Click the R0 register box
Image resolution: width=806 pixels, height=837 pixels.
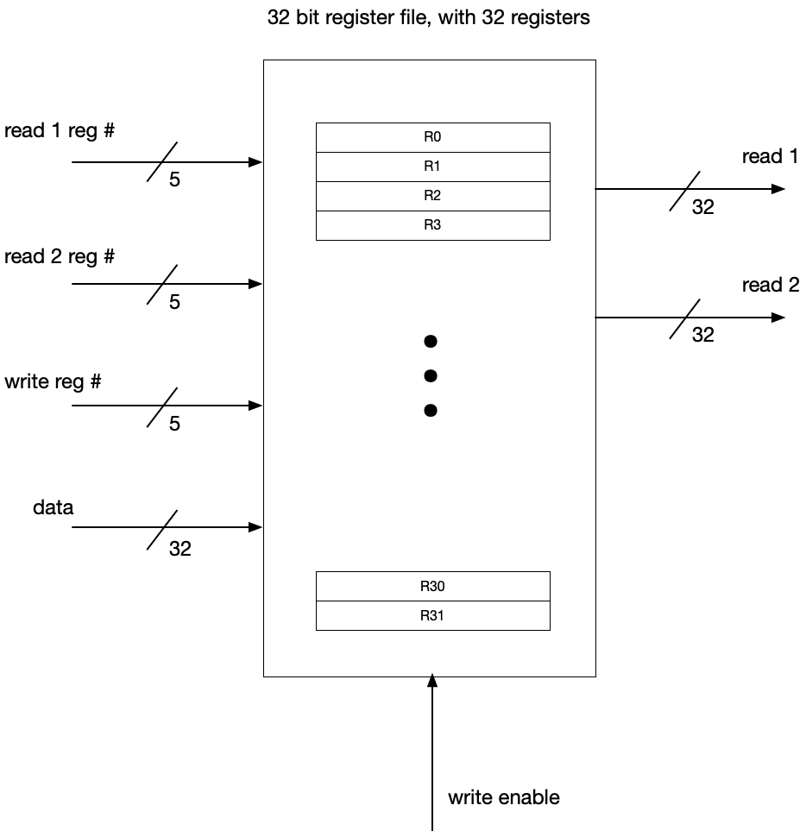pos(432,137)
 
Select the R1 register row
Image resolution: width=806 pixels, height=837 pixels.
pos(432,167)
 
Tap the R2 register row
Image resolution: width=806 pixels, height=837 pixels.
pos(432,196)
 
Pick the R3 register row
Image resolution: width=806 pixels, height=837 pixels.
pos(432,225)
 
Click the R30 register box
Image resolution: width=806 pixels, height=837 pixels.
pos(432,587)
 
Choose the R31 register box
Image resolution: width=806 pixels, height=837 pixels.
pos(432,616)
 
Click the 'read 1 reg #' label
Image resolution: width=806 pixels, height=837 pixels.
pos(60,132)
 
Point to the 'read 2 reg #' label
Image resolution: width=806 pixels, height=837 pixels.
pos(60,256)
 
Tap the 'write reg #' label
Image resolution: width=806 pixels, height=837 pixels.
pos(53,381)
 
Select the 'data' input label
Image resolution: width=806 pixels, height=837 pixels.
pos(54,507)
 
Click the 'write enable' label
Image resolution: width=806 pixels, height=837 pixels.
pos(503,797)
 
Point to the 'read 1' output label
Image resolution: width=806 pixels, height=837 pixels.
pos(770,156)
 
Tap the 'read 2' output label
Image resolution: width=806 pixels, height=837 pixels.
pos(770,285)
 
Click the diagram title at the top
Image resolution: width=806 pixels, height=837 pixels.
pos(429,17)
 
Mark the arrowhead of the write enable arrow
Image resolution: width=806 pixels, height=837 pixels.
pos(432,682)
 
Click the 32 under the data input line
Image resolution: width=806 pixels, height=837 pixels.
pos(179,548)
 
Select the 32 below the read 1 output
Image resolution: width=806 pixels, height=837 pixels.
pos(703,207)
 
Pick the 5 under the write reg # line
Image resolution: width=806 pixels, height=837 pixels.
pos(174,424)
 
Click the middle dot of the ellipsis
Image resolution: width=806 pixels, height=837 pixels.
pos(431,376)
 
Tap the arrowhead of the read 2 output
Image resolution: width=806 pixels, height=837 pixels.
pos(778,318)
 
